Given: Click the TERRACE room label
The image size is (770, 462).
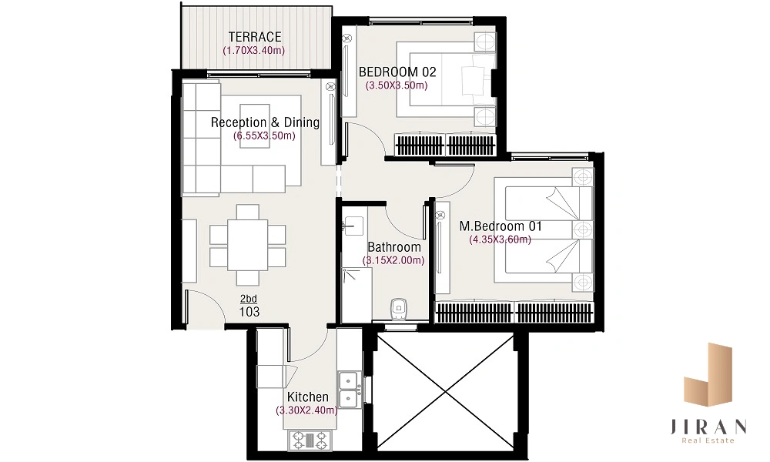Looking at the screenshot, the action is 255,37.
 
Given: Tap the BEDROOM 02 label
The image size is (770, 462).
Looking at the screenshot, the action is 397,72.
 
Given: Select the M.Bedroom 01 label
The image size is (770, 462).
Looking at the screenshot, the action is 500,226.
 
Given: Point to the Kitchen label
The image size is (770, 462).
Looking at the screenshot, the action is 308,397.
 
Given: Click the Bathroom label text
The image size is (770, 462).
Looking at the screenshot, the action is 393,247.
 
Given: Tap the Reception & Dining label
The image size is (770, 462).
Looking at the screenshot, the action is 265,122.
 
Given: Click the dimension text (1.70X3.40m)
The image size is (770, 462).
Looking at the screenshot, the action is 254,50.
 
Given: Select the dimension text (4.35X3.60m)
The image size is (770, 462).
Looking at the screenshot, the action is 500,239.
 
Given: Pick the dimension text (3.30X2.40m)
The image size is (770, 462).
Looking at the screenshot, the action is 307,410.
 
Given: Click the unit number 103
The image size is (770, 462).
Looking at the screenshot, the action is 249,312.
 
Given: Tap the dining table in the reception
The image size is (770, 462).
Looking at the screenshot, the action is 247,245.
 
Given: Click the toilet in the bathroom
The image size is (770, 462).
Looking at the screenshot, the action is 398,309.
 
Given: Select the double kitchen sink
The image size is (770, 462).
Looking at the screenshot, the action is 348,390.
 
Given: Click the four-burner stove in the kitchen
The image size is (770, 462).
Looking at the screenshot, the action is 310,440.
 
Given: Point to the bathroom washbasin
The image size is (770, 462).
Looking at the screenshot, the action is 353,226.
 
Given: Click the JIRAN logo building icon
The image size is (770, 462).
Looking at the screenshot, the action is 708,375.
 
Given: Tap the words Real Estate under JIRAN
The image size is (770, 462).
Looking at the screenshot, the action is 708,440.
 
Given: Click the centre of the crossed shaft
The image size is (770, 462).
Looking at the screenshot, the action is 445,391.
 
